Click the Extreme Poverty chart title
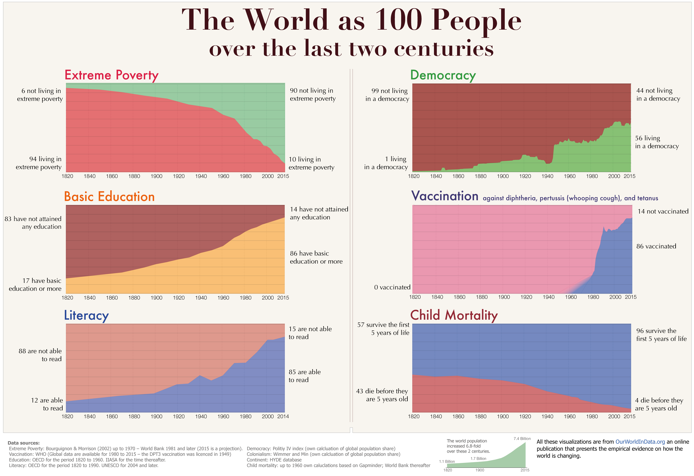pyautogui.click(x=111, y=75)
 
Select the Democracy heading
pyautogui.click(x=443, y=75)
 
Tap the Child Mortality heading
pyautogui.click(x=454, y=315)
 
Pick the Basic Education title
pyautogui.click(x=109, y=197)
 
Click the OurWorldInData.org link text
pyautogui.click(x=640, y=442)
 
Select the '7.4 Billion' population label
pyautogui.click(x=522, y=439)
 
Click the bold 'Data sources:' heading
pyautogui.click(x=24, y=443)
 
